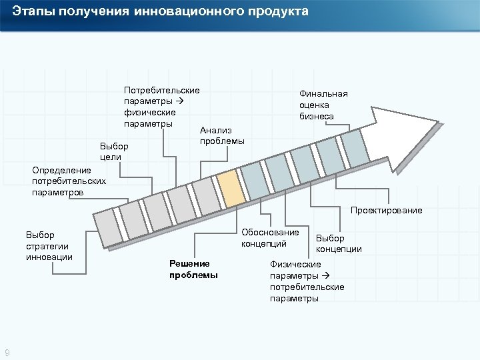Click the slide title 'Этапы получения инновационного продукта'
160,12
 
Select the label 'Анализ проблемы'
222,136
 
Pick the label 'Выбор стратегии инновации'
49,246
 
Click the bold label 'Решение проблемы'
193,269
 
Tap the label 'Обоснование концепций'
270,238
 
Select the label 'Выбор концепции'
339,244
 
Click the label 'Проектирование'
387,211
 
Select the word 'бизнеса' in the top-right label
317,116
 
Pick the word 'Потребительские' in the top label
162,89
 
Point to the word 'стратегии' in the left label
47,246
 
